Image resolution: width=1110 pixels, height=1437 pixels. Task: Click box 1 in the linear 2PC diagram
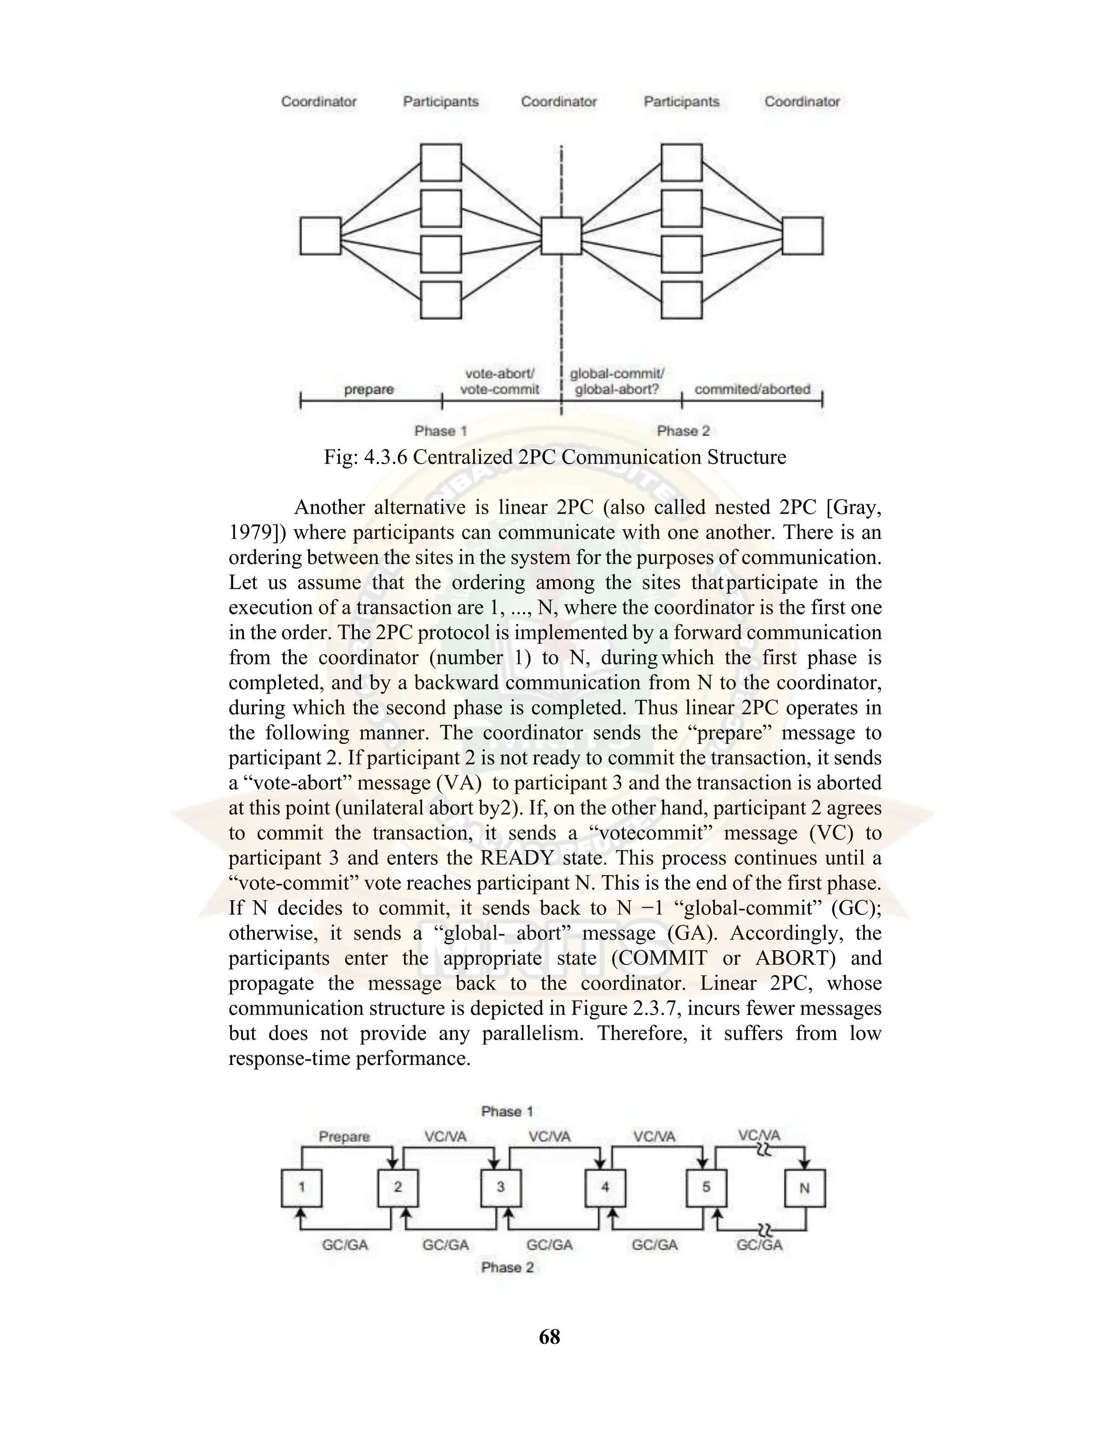(x=301, y=1188)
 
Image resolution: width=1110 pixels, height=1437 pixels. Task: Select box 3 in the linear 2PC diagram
(x=501, y=1188)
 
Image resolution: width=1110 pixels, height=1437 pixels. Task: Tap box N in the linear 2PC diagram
(x=805, y=1188)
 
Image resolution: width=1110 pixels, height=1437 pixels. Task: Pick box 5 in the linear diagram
(x=706, y=1188)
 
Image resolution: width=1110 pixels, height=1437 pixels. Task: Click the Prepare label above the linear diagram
(x=344, y=1136)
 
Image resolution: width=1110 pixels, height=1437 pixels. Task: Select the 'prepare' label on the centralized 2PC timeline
(x=369, y=389)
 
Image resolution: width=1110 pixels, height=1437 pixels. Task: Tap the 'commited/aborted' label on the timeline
(x=752, y=389)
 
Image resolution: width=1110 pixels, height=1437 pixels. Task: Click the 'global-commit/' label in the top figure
(x=617, y=374)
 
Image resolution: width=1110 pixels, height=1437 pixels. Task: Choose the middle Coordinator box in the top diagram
(x=561, y=235)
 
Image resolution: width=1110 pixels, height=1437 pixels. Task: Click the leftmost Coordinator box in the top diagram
(x=320, y=235)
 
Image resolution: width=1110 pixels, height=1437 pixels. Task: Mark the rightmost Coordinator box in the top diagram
(x=802, y=235)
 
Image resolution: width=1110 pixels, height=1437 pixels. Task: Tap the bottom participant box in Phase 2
(x=681, y=300)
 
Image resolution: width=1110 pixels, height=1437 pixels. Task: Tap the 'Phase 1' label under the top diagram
(x=441, y=431)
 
